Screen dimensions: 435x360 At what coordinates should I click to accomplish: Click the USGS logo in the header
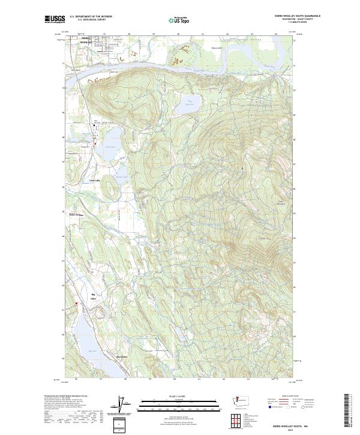coord(55,20)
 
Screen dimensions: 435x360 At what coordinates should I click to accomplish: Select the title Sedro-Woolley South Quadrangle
coord(297,16)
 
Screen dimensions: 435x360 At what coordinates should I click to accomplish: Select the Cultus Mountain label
coord(283,202)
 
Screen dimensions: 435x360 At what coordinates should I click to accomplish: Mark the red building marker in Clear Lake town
coord(95,143)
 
